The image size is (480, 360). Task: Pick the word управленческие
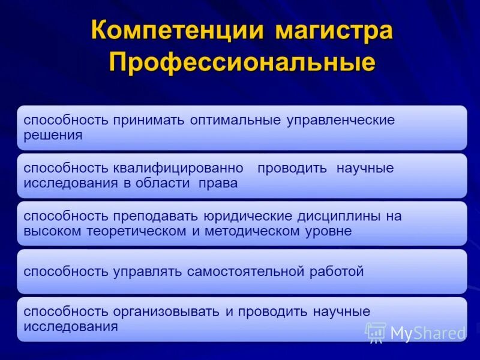pos(340,120)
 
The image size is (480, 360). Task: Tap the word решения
pos(53,135)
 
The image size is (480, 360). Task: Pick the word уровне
pos(328,231)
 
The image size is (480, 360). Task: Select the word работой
pos(335,271)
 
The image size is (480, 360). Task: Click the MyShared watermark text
pos(427,333)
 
